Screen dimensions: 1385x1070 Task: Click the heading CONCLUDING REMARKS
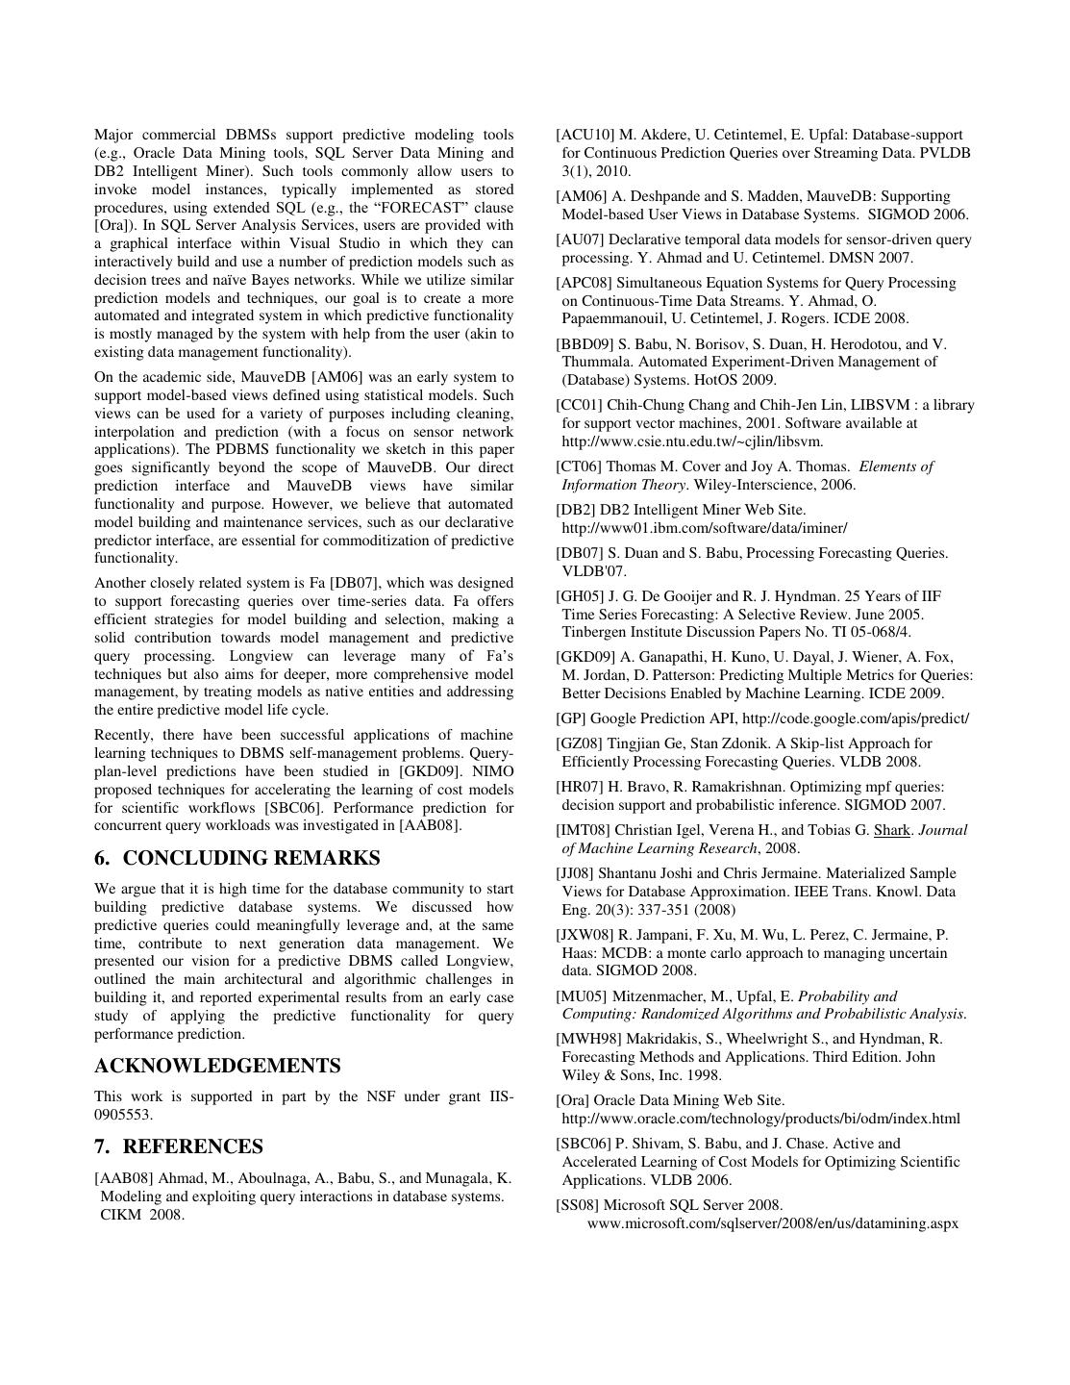pos(251,858)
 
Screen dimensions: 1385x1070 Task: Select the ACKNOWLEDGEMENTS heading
pos(217,1066)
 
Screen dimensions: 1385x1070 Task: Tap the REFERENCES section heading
pos(192,1146)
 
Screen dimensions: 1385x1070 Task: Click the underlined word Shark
pos(891,830)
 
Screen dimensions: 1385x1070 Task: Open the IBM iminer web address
pos(705,528)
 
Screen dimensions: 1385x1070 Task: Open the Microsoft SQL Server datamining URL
pos(773,1223)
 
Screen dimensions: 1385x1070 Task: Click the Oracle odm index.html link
pos(760,1119)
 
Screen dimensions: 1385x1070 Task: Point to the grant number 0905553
pos(123,1115)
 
